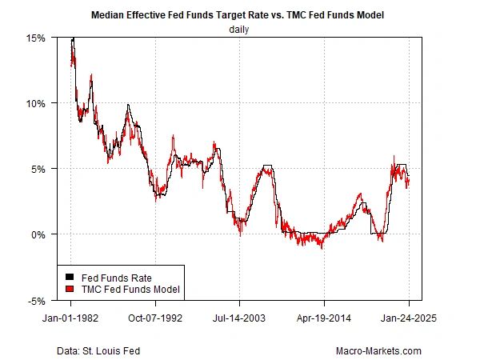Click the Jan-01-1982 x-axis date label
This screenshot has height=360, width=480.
click(x=71, y=317)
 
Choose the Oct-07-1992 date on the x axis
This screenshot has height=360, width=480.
click(x=155, y=317)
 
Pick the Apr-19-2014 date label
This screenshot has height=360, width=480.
click(x=324, y=317)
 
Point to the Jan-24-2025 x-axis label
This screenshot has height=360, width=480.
click(x=409, y=317)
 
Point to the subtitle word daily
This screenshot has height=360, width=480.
click(x=240, y=30)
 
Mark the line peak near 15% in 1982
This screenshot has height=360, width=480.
click(x=73, y=38)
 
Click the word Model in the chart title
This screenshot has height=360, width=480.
click(x=352, y=15)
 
